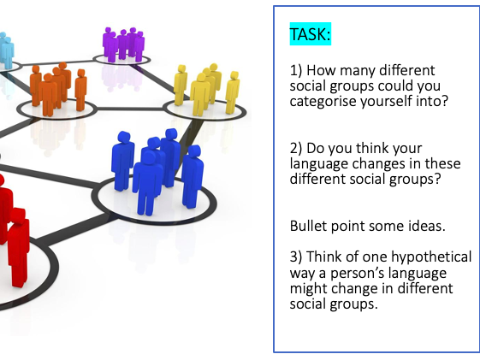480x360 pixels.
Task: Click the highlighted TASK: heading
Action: click(310, 34)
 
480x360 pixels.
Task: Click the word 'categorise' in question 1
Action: click(323, 101)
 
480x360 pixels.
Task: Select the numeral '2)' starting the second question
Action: click(296, 148)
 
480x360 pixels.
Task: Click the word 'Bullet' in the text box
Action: click(309, 226)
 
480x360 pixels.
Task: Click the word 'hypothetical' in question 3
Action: click(431, 257)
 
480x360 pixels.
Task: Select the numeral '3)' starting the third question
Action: click(296, 257)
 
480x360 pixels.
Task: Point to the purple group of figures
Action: click(123, 44)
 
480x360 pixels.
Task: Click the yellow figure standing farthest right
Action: click(233, 92)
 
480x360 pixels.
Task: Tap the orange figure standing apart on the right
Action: click(80, 90)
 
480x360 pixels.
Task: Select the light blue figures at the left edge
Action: click(6, 50)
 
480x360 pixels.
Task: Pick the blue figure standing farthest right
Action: click(193, 176)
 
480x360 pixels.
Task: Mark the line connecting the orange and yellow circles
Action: click(130, 109)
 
